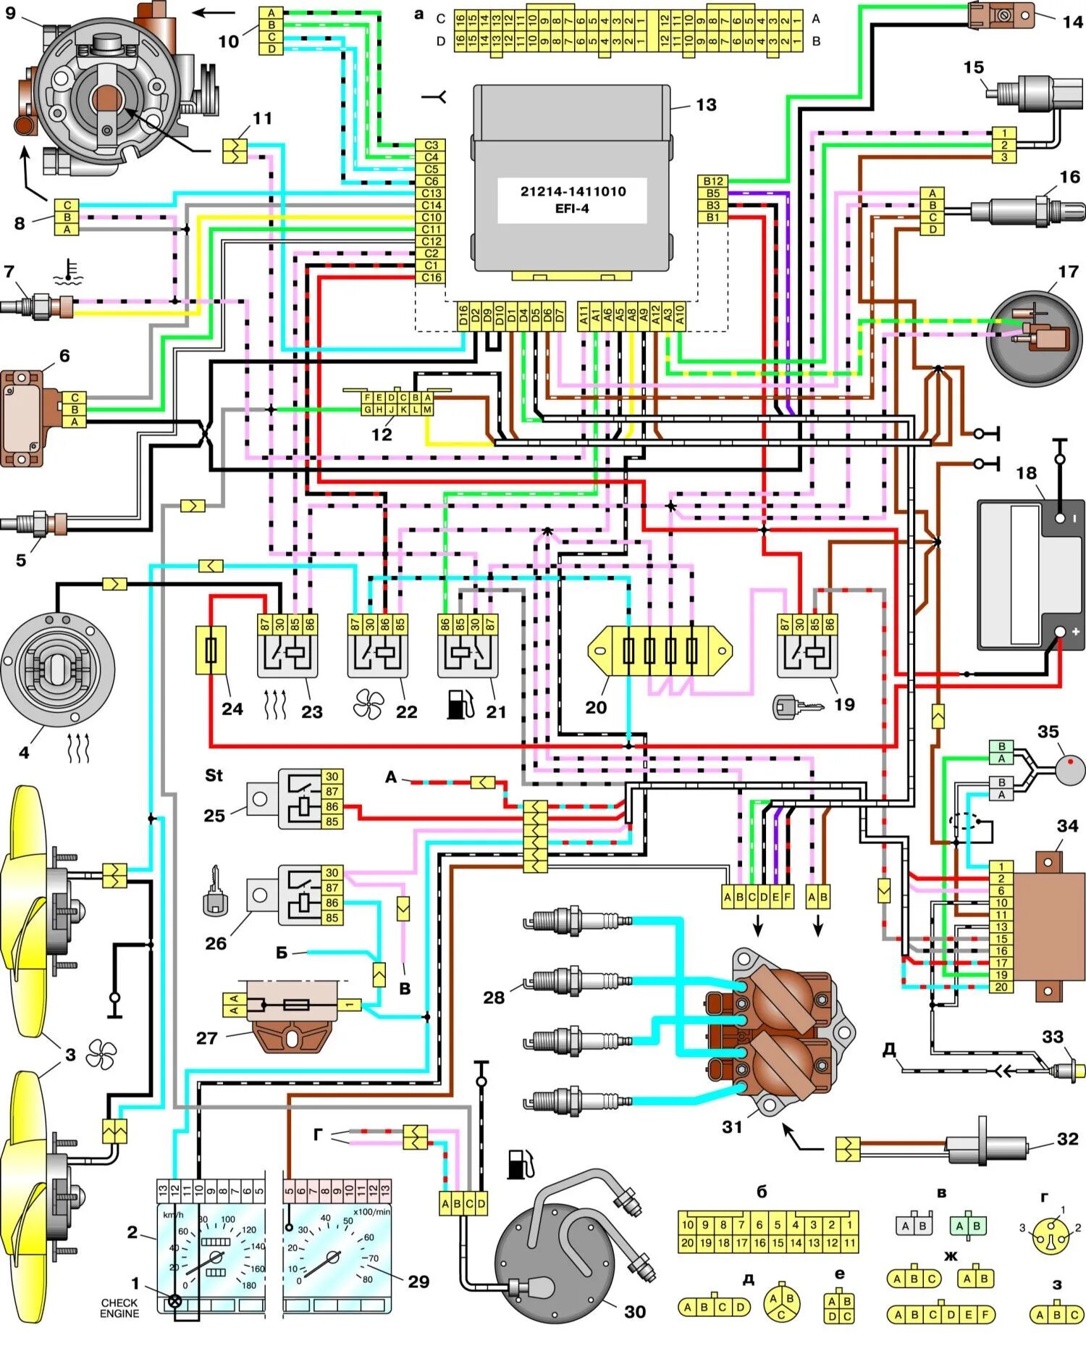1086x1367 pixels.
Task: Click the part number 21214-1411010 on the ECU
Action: tap(573, 192)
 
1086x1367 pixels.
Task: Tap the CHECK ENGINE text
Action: tap(119, 1308)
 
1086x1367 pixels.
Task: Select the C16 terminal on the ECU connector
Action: tap(432, 277)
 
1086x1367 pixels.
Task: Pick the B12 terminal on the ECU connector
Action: tap(713, 181)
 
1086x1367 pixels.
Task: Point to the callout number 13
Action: tap(706, 105)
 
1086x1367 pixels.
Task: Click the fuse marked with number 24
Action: tap(211, 651)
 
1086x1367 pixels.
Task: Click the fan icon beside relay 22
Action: tap(369, 703)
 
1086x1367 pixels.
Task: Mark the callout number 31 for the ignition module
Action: tap(732, 1126)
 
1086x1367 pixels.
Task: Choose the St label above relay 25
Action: tap(214, 775)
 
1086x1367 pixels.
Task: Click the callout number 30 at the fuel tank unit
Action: tap(635, 1311)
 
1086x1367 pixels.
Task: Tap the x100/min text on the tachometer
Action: tap(372, 1212)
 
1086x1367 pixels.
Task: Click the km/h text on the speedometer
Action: tap(173, 1215)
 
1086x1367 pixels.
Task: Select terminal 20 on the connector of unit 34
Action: tap(1001, 987)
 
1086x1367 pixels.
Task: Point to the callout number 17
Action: tap(1068, 272)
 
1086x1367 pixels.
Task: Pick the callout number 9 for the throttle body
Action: tap(10, 13)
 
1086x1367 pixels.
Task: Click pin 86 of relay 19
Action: tap(830, 623)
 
